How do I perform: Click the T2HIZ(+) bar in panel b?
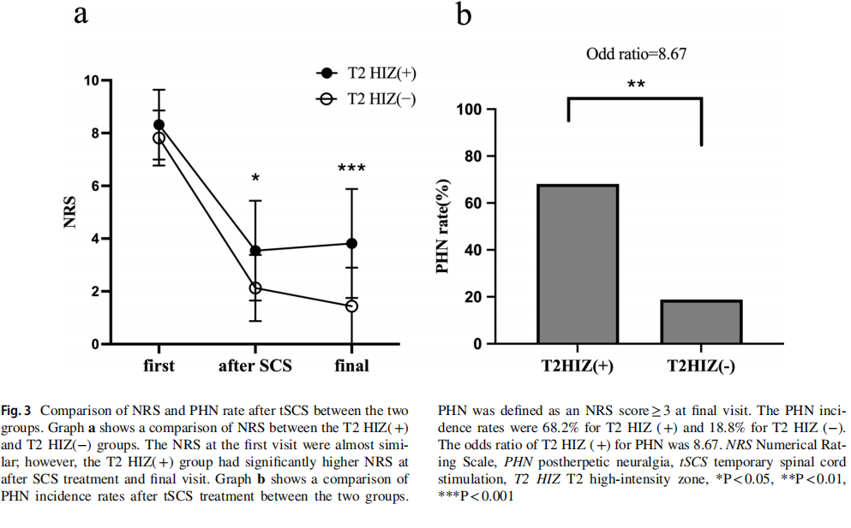point(577,264)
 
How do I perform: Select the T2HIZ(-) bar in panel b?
point(701,322)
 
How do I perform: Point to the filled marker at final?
point(351,243)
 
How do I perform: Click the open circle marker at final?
point(351,306)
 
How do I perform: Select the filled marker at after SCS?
point(255,251)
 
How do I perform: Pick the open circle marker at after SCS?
point(255,288)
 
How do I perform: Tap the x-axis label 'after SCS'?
point(255,366)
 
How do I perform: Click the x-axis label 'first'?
point(159,366)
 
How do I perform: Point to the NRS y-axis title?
point(71,213)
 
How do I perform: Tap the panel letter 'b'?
point(464,15)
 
